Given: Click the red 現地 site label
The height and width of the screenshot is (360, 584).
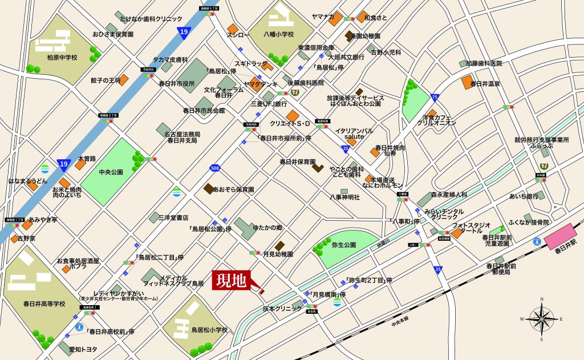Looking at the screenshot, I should (x=231, y=280).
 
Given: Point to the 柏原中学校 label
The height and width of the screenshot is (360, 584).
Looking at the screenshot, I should (x=62, y=58).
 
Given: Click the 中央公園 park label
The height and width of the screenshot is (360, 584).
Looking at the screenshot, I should (x=111, y=171).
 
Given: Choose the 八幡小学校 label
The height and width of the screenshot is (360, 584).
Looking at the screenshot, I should (x=278, y=34).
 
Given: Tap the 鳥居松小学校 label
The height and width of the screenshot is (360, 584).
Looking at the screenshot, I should (x=209, y=330).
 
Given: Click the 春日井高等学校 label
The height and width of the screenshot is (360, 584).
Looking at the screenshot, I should (x=44, y=304).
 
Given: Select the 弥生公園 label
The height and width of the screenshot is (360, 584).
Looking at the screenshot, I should (x=344, y=245).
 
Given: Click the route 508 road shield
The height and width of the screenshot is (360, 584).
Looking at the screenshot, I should (x=214, y=168).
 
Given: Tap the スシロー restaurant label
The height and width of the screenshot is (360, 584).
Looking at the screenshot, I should (x=238, y=35).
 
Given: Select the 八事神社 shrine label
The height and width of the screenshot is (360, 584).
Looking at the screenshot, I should (x=345, y=197).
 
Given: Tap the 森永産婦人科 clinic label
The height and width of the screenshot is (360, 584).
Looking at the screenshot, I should (x=449, y=195).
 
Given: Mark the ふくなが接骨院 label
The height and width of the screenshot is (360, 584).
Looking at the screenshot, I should (x=529, y=222).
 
